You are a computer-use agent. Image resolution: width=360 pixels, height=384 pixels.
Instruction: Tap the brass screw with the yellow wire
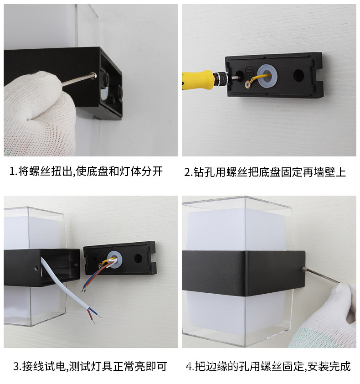tap(248, 83)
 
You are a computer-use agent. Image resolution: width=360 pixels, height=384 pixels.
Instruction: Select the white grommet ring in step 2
tap(267, 76)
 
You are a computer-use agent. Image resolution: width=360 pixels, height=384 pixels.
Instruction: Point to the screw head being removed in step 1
tap(93, 76)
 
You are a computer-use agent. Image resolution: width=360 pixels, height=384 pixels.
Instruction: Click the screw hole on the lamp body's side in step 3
tap(36, 269)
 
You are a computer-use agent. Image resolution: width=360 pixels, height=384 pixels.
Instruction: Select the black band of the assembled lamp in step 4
tap(242, 274)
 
